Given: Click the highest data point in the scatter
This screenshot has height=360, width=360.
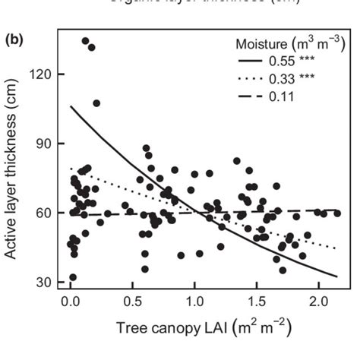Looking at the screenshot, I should click(85, 41).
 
